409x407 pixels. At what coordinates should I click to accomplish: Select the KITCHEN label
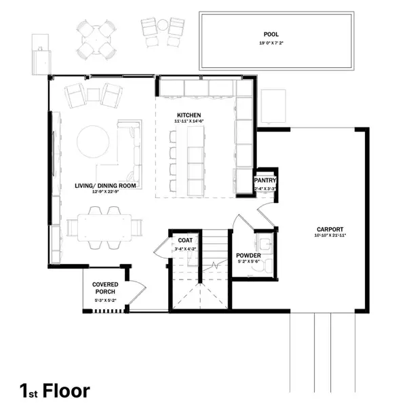pyautogui.click(x=190, y=115)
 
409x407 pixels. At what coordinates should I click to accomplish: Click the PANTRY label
pyautogui.click(x=265, y=180)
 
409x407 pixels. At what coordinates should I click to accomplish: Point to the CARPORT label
pyautogui.click(x=330, y=229)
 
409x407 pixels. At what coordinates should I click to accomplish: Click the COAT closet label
pyautogui.click(x=185, y=241)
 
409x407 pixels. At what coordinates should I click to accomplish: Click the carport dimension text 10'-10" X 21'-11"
pyautogui.click(x=330, y=236)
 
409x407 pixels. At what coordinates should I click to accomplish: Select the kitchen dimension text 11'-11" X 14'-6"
pyautogui.click(x=190, y=121)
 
